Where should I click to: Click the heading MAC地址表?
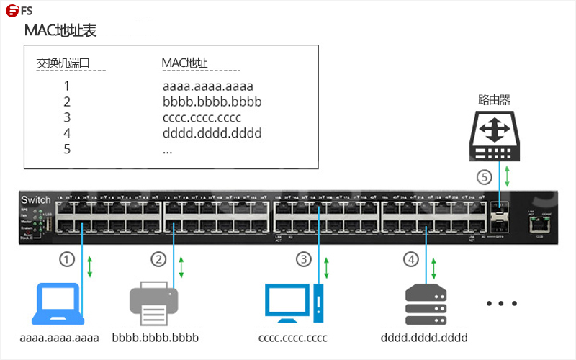(x=60, y=31)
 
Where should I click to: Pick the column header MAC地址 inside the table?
(x=185, y=63)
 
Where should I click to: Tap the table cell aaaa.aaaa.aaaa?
(x=208, y=86)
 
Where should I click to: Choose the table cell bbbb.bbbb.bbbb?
(x=212, y=102)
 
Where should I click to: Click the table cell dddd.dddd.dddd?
(x=212, y=134)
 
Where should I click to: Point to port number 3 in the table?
(x=67, y=118)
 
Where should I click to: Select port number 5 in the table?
(x=67, y=150)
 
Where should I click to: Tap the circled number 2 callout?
(x=158, y=258)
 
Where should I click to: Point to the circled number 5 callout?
(x=485, y=176)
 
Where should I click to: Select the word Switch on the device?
(x=36, y=199)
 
